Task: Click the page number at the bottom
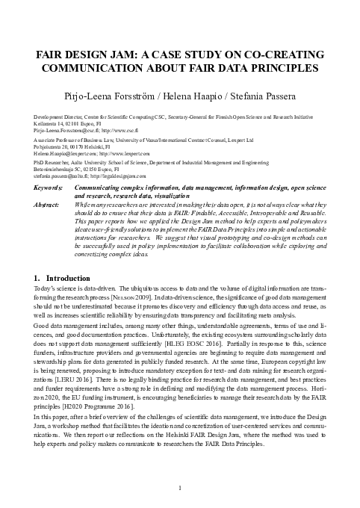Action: (180, 488)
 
